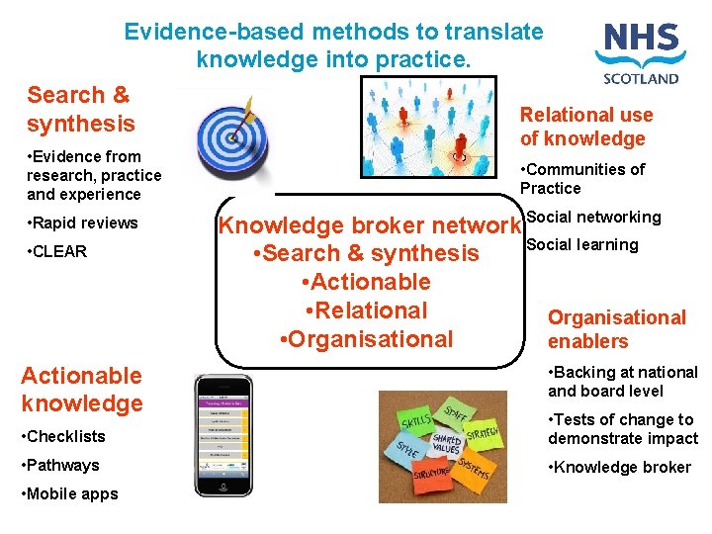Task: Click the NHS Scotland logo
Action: (640, 53)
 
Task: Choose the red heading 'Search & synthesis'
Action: (81, 109)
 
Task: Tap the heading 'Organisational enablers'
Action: (616, 329)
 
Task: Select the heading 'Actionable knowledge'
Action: (81, 389)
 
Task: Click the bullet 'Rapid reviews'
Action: (83, 222)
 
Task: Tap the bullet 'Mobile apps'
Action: (69, 493)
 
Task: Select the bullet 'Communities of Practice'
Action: (582, 178)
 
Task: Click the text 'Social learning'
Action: (582, 244)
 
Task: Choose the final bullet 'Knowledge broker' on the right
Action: (620, 467)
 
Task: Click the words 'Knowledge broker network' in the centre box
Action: (369, 225)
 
